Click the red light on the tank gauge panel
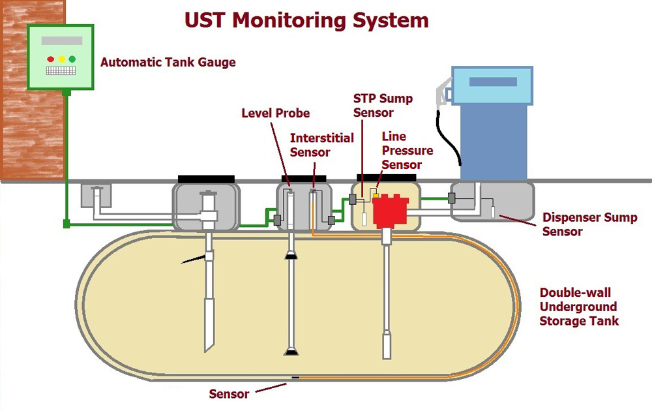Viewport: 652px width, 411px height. [51, 59]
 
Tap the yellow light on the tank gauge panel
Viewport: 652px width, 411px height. [61, 59]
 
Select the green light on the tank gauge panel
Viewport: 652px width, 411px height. [72, 59]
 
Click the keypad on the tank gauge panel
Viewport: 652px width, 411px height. [61, 70]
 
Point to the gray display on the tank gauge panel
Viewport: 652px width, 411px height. [61, 40]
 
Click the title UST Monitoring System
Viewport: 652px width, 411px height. [306, 20]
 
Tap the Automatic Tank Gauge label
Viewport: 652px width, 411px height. [168, 63]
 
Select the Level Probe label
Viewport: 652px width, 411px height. [276, 113]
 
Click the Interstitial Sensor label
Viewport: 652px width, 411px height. [322, 145]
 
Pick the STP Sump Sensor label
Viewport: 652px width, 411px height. [383, 105]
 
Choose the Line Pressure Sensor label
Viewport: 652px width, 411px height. [407, 150]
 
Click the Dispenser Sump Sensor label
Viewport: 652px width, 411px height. [589, 224]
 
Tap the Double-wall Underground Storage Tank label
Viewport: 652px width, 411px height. [579, 307]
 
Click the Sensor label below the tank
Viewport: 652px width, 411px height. [229, 394]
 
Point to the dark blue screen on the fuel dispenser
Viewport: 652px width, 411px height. [493, 82]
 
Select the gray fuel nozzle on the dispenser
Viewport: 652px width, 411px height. [443, 92]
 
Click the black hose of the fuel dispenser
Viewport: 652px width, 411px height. [447, 137]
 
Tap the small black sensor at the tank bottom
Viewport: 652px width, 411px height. [295, 378]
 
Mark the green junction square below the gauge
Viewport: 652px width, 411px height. [66, 224]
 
